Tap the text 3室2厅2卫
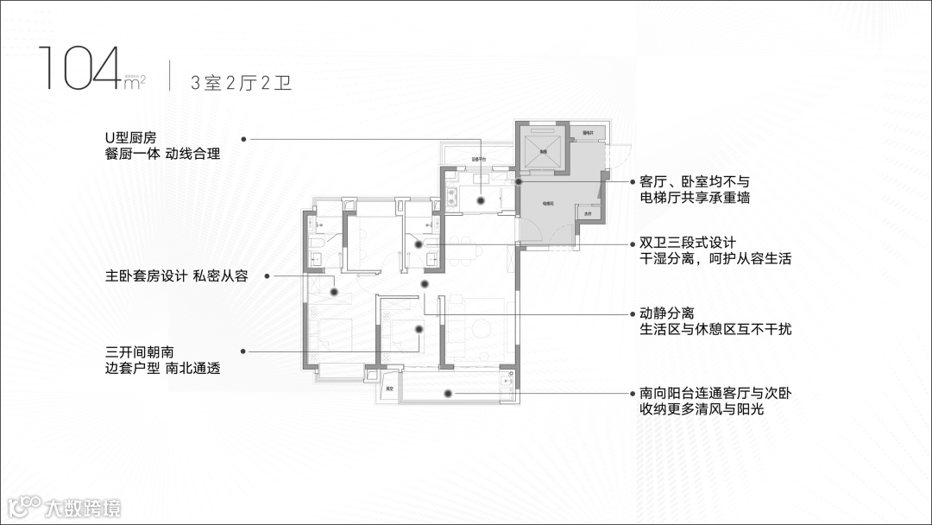coord(241,83)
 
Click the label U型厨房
coord(130,137)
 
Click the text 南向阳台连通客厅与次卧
coord(715,394)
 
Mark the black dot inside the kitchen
coord(482,200)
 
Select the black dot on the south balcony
coord(449,394)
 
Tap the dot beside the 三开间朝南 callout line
coord(244,351)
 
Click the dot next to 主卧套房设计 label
coord(268,276)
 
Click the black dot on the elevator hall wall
coord(519,181)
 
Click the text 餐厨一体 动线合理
coord(161,155)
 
